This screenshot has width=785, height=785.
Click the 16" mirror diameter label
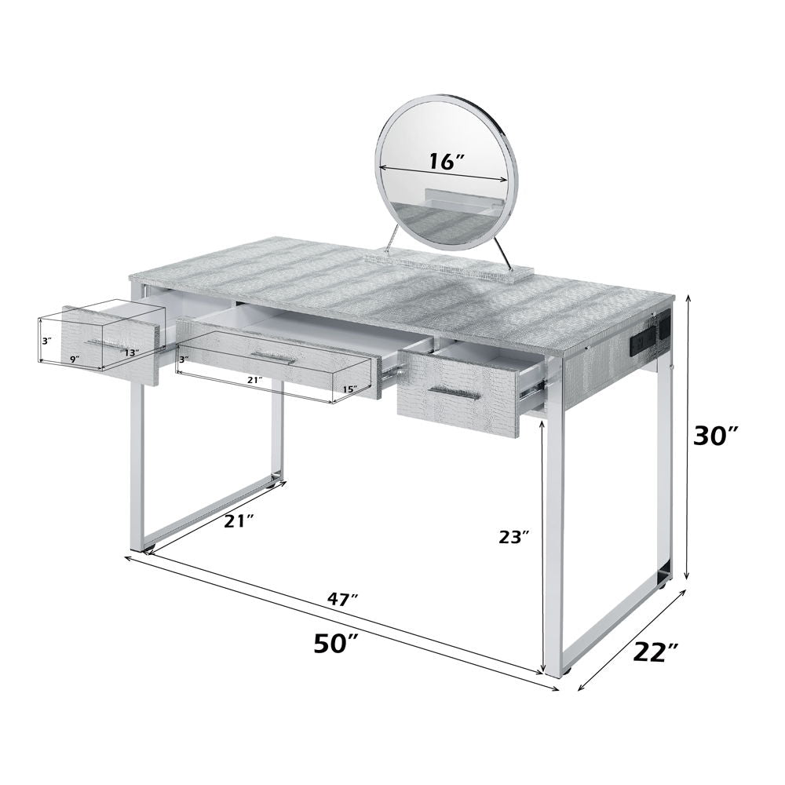tap(447, 161)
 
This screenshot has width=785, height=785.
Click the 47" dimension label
tap(342, 599)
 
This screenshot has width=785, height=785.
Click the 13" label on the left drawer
tap(130, 352)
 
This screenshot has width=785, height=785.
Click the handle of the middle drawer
tap(273, 358)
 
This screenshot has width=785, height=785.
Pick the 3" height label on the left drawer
tap(46, 341)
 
